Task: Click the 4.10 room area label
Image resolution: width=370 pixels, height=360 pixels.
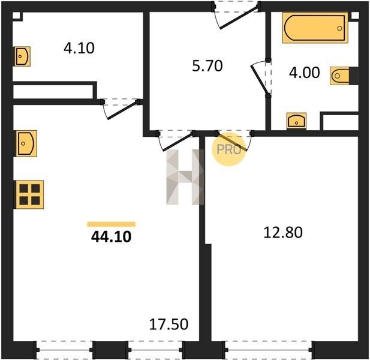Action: tap(79, 48)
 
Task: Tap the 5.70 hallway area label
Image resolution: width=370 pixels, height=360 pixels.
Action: tap(207, 66)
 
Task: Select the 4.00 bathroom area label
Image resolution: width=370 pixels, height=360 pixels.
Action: tap(305, 73)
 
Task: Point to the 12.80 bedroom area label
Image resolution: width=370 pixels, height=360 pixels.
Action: tap(282, 232)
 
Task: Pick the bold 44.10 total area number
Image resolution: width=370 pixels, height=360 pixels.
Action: tap(111, 237)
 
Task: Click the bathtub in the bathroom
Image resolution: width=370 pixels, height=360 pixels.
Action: tap(315, 28)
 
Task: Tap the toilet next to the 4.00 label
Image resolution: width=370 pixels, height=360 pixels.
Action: tap(339, 76)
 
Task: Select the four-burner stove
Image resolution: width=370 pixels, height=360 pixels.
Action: tap(30, 194)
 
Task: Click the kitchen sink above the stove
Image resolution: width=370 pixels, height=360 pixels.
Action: tap(26, 143)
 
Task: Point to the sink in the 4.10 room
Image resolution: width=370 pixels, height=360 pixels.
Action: tap(22, 56)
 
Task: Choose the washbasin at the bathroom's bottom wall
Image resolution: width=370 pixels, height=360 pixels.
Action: tap(296, 121)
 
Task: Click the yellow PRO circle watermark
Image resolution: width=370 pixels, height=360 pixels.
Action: tap(229, 149)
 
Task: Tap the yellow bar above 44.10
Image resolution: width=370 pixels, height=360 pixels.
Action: tap(111, 224)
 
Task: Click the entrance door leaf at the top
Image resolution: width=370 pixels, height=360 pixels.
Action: tap(239, 17)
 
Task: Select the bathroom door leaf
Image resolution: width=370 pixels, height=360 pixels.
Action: tap(259, 79)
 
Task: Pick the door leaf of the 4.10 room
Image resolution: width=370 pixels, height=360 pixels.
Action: tap(122, 110)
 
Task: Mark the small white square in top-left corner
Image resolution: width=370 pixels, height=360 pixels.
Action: tap(16, 16)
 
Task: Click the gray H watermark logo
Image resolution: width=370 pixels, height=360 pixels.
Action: tap(185, 177)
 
